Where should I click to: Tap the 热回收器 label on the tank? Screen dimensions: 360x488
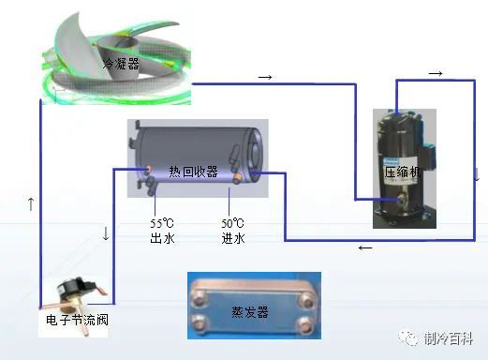193,172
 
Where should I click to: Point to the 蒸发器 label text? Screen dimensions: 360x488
250,311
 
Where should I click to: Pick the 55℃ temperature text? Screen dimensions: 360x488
162,223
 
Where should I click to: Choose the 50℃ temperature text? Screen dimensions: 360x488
232,223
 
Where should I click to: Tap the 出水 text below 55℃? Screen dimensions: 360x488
162,239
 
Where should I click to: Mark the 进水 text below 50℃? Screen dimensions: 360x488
232,239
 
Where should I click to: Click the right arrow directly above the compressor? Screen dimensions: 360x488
435,73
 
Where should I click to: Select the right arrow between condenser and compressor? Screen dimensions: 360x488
265,75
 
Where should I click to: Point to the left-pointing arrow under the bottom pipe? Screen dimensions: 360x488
364,248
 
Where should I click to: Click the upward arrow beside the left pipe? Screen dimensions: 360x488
31,202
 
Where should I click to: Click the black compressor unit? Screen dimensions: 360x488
405,167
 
